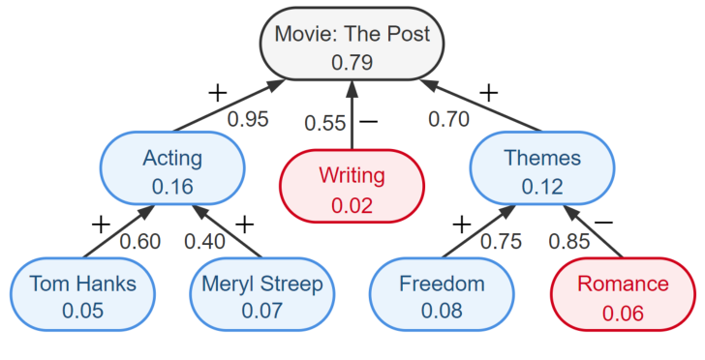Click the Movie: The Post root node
352,47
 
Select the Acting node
171,170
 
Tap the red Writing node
352,189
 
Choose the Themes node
541,170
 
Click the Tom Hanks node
82,296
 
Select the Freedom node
442,296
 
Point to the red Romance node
623,296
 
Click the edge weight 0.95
247,120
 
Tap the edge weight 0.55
324,123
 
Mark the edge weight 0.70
448,120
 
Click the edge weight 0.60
139,240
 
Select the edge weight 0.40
204,240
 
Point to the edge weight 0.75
501,240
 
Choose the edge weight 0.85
569,240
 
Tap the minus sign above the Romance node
602,224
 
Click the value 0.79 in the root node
352,62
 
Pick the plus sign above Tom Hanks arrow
101,225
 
